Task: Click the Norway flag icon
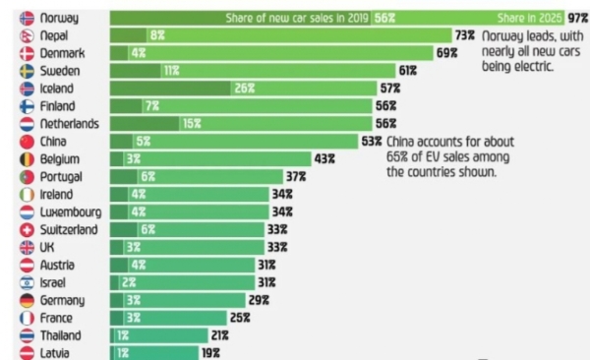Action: (27, 18)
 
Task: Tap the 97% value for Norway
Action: (577, 18)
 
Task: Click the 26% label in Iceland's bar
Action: (245, 89)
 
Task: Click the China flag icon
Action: (27, 142)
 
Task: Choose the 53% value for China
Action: (372, 142)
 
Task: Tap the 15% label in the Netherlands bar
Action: (190, 124)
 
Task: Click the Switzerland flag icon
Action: (27, 230)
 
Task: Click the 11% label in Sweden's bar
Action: (171, 71)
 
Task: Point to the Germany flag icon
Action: (27, 301)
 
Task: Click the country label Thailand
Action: (64, 336)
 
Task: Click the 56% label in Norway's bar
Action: (383, 18)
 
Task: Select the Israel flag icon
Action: (27, 283)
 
